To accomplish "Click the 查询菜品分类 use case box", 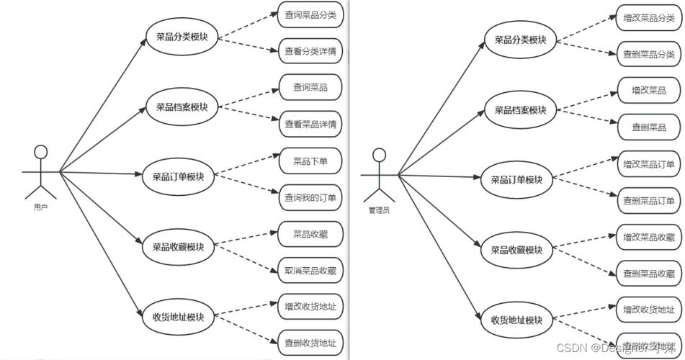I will pos(310,15).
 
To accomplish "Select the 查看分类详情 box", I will pos(310,51).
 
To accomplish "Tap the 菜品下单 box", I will pos(310,161).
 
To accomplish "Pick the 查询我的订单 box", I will pos(310,197).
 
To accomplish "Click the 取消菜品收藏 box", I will pos(310,271).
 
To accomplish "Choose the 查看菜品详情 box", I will pos(310,125).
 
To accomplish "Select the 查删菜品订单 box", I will pos(649,200).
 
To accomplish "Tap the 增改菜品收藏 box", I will pos(649,237).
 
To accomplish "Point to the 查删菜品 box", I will pos(649,127).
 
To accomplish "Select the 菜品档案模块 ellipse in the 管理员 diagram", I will pos(520,110).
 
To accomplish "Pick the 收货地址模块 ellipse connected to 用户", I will pos(178,317).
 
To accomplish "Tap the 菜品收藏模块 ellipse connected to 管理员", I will pos(516,250).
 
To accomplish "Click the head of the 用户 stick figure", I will pos(41,152).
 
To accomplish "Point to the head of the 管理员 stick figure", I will pos(379,155).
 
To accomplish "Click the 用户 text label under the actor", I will pos(40,207).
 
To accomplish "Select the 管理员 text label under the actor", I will pos(379,210).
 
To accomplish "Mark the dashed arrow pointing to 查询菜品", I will pos(249,99).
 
